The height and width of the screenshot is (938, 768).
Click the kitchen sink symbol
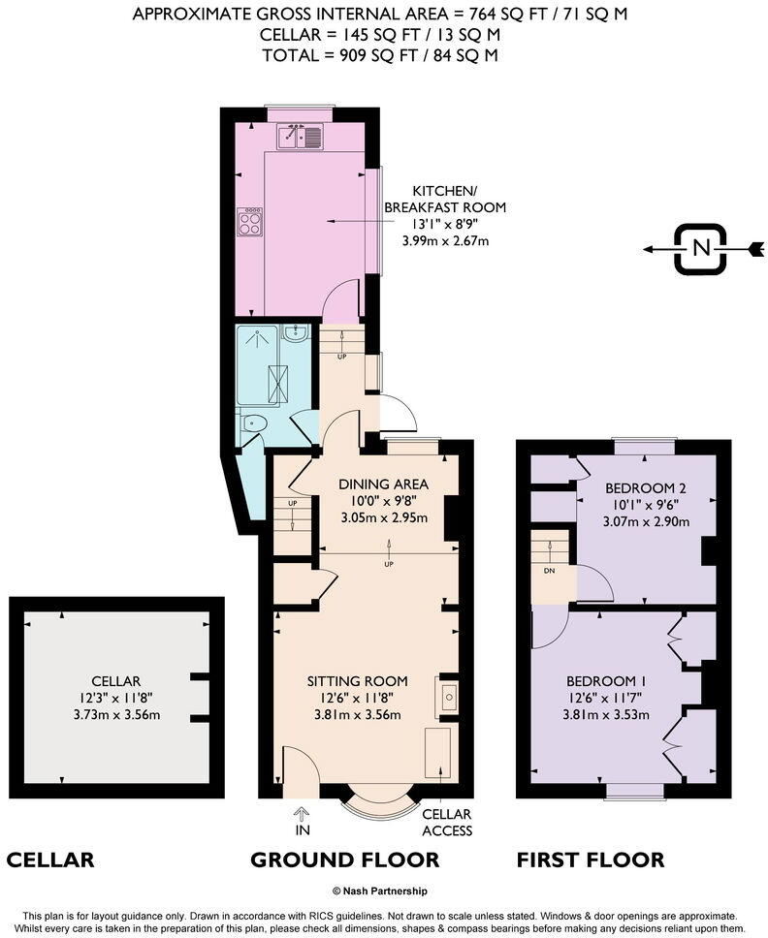coord(302,138)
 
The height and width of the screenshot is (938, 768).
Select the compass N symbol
coord(700,249)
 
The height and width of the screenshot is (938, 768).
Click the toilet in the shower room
coord(254,422)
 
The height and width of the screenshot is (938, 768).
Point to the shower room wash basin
coord(300,334)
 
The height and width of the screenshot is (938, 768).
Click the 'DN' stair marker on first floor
coord(550,571)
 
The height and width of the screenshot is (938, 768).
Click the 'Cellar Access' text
coord(447,822)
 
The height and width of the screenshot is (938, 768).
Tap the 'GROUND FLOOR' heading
coord(344,860)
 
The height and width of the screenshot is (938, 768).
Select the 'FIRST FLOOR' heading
coord(590,860)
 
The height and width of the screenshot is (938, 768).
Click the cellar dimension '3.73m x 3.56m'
coord(116,715)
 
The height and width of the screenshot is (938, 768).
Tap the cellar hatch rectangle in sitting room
coord(437,752)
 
